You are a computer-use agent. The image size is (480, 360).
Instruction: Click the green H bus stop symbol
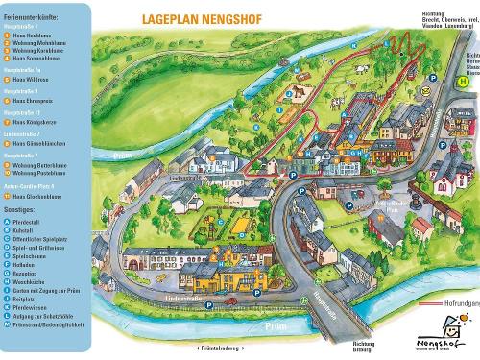pos(463,83)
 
